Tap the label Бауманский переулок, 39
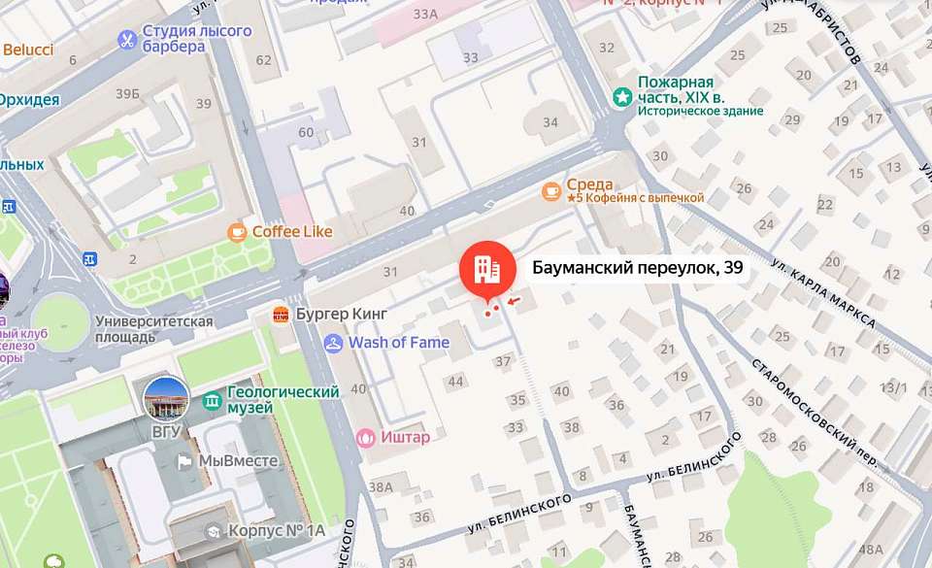638,268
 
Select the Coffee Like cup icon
237,232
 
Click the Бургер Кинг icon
282,315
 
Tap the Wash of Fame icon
334,342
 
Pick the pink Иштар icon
366,437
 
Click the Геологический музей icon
212,400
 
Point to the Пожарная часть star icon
621,97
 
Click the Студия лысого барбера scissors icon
126,39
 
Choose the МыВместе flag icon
183,461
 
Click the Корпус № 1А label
276,531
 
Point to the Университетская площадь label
153,329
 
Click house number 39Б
127,94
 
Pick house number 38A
382,487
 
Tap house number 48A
871,550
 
